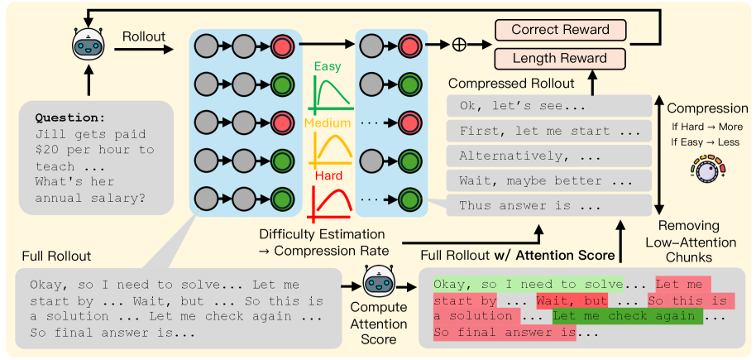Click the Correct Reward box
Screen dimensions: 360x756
(x=560, y=31)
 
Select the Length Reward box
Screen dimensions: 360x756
(x=560, y=59)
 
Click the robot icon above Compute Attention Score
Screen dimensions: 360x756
(x=377, y=286)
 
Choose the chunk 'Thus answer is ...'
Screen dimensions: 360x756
(x=529, y=204)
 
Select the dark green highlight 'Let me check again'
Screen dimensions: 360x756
(x=627, y=315)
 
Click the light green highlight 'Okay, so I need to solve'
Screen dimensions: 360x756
(x=527, y=284)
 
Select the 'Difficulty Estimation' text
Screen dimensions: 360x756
(x=321, y=234)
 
